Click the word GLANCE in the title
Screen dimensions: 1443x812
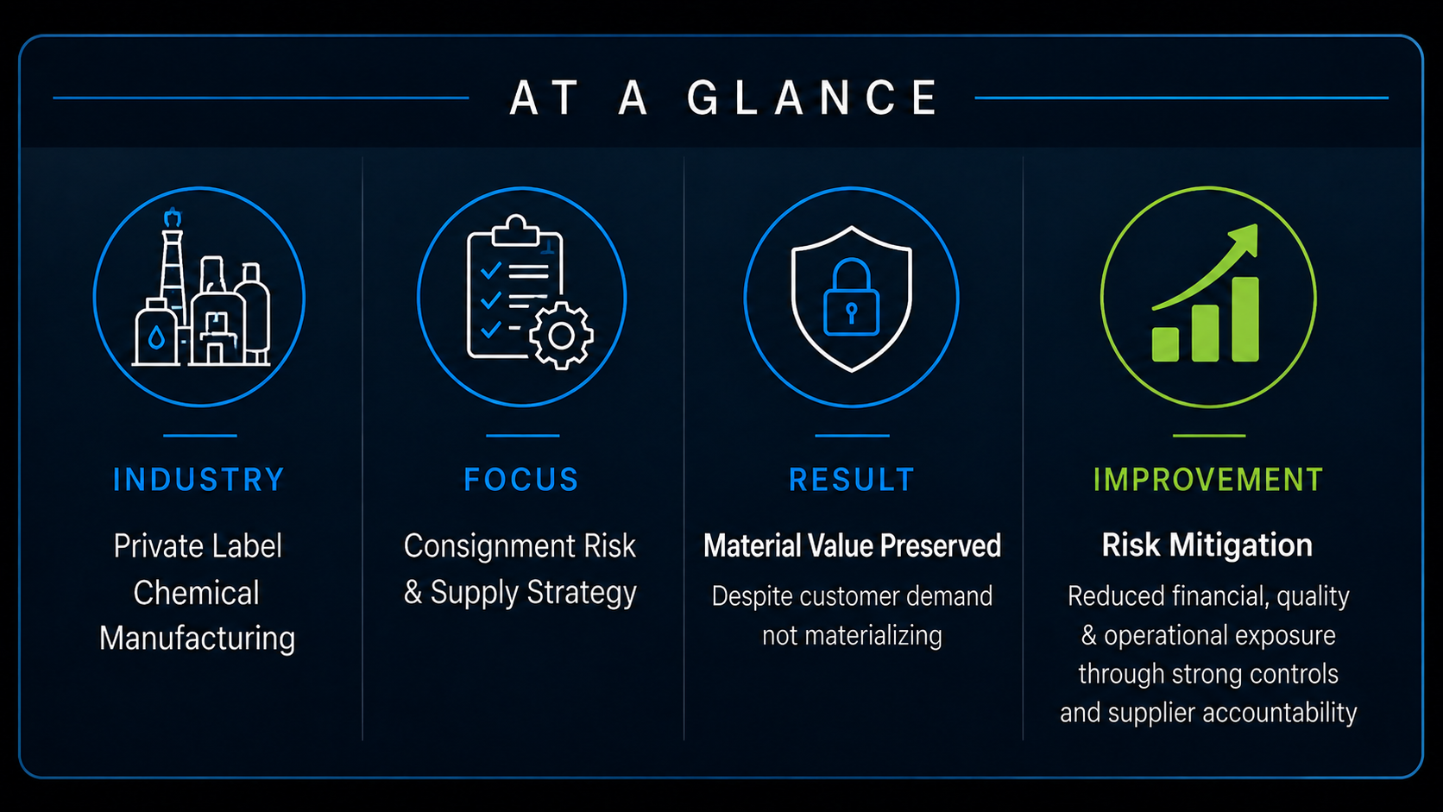(x=811, y=98)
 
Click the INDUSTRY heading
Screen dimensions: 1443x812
(x=199, y=480)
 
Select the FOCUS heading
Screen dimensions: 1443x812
(x=522, y=480)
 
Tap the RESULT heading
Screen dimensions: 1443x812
(x=852, y=480)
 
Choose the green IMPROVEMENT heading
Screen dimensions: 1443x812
(x=1208, y=480)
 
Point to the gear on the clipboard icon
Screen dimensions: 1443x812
(x=561, y=335)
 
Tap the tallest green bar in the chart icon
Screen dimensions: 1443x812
(x=1245, y=319)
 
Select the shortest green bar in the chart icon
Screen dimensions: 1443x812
(x=1165, y=344)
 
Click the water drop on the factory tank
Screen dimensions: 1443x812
(x=156, y=337)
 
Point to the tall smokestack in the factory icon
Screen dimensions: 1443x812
(x=172, y=270)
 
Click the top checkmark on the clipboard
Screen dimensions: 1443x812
(x=491, y=270)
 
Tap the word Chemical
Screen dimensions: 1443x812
(x=197, y=593)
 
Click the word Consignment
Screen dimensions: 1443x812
(x=489, y=547)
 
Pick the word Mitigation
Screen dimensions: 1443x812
(x=1241, y=546)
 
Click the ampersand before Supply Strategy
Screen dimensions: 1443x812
(x=413, y=593)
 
